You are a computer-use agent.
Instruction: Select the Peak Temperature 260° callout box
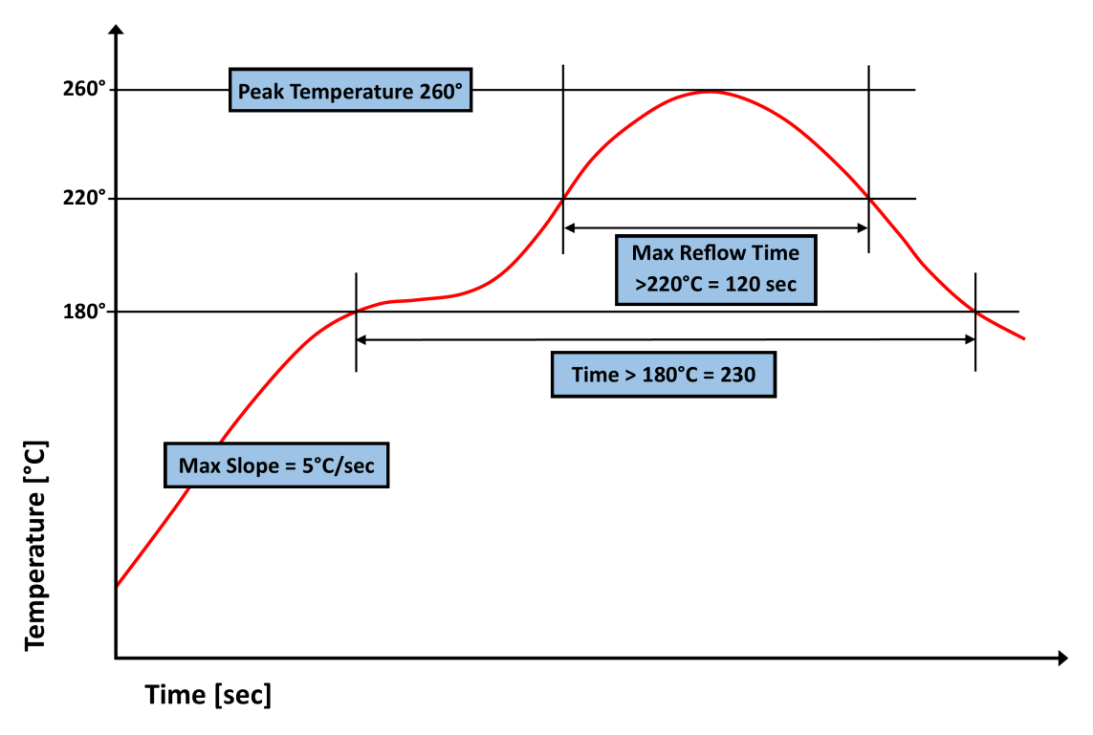(350, 91)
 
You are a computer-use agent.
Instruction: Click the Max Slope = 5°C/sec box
(276, 465)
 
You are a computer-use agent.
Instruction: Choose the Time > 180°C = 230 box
(664, 375)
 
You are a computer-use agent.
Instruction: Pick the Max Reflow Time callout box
(716, 270)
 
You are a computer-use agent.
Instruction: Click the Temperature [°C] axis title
(36, 545)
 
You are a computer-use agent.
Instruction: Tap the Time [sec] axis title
(208, 695)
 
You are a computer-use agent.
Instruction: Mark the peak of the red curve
(709, 91)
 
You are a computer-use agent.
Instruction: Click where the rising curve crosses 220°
(563, 199)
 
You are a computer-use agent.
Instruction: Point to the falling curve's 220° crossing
(868, 199)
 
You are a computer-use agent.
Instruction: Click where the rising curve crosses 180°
(356, 312)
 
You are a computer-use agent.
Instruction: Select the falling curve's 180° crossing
(975, 312)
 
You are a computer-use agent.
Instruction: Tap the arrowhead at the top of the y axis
(116, 30)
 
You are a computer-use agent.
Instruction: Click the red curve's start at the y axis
(117, 585)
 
